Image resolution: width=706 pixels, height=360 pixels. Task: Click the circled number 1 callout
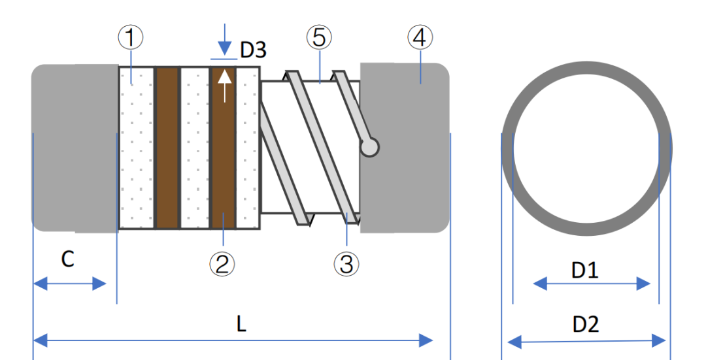click(131, 38)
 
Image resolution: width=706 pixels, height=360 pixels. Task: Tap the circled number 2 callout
click(222, 264)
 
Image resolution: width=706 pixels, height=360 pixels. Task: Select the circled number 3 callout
click(346, 264)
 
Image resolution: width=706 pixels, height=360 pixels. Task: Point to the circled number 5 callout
click(319, 38)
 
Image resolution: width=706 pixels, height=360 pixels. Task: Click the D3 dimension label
click(254, 49)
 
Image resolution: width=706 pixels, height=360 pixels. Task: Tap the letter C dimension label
click(67, 259)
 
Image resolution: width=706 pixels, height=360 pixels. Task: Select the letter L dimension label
click(241, 325)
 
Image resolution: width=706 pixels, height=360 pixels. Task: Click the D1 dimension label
click(585, 270)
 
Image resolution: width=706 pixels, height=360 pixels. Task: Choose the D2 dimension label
click(585, 324)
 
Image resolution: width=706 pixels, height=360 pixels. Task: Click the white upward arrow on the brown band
click(224, 85)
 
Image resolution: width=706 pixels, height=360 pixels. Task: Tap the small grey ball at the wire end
click(370, 148)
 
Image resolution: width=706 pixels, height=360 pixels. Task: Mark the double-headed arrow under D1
click(592, 284)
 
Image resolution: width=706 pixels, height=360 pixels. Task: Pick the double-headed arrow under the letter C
click(69, 284)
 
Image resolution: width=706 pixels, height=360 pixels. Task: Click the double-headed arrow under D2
click(586, 341)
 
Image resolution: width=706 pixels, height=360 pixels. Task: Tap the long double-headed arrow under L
click(233, 340)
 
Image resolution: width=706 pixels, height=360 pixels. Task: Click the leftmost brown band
click(167, 148)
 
